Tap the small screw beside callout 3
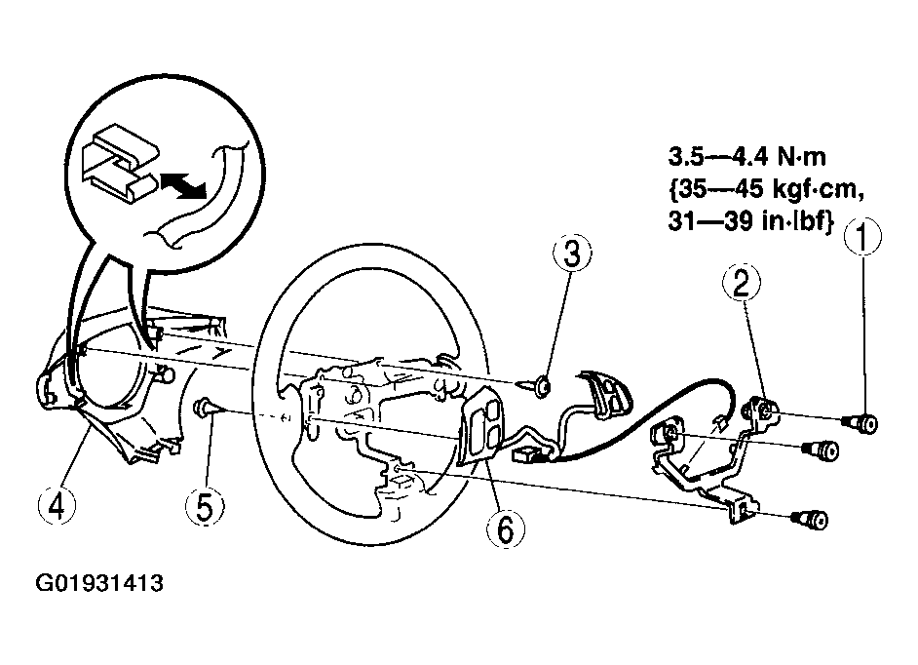[x=542, y=386]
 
